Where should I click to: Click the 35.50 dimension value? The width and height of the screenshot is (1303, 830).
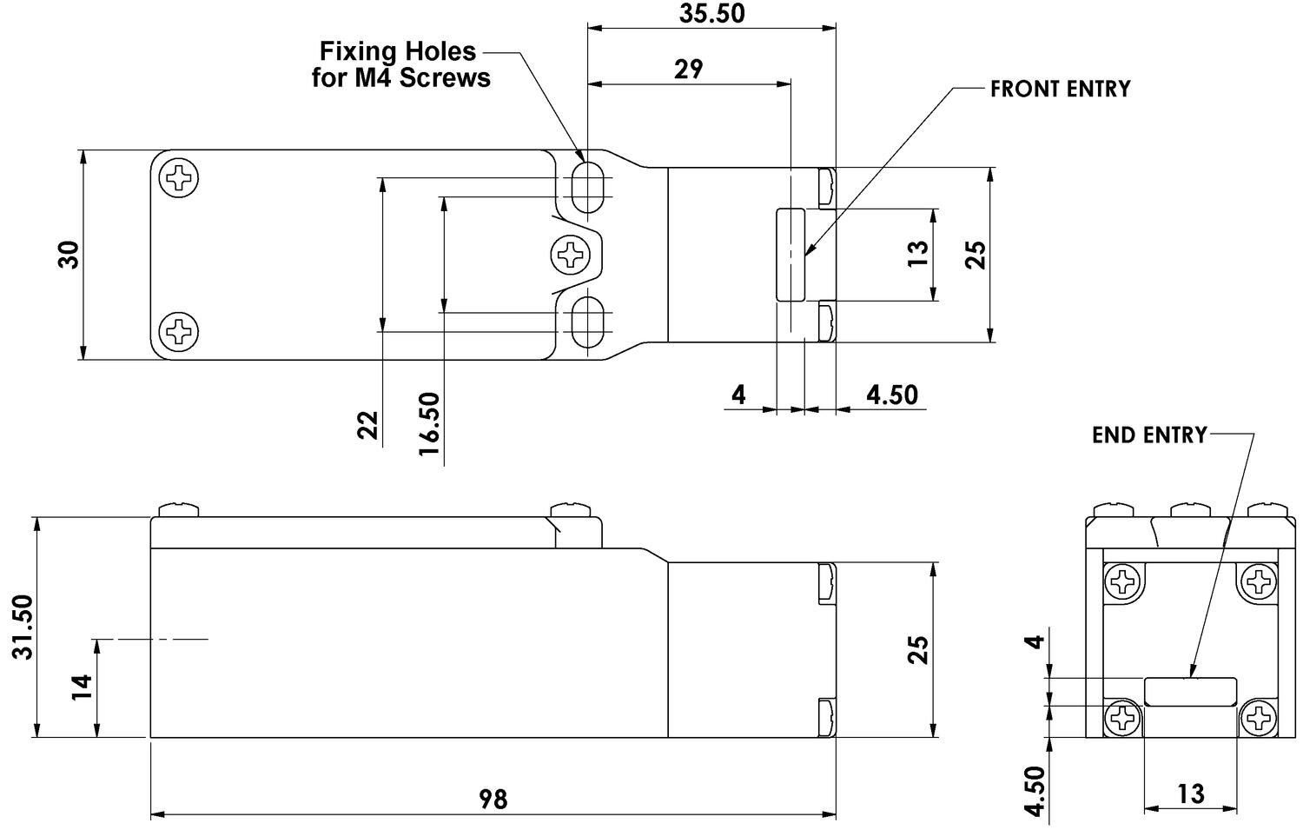(711, 13)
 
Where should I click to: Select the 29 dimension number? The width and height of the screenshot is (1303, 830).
(688, 70)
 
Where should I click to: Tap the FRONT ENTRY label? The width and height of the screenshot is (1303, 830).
(1060, 89)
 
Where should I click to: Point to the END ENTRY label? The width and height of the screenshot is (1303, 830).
(1148, 435)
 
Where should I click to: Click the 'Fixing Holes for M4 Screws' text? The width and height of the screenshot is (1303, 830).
(400, 64)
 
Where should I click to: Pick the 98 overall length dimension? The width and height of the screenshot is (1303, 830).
(493, 798)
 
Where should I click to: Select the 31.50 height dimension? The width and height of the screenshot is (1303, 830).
(23, 627)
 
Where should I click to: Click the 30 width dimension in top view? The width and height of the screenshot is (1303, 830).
(69, 255)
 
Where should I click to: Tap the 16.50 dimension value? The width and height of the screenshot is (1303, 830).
(429, 423)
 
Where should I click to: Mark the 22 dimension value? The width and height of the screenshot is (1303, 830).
(368, 425)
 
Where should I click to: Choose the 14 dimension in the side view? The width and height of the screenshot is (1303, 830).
(81, 687)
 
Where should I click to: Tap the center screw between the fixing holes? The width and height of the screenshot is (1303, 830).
(571, 255)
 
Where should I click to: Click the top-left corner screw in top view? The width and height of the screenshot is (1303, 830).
(180, 178)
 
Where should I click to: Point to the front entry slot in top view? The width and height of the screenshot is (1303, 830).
(790, 254)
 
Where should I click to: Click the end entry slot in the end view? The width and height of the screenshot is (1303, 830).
(1190, 691)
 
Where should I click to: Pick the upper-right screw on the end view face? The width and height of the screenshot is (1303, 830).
(1257, 581)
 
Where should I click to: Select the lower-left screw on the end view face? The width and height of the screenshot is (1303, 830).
(1122, 718)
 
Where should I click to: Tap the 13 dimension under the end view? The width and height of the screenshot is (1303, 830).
(1190, 793)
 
